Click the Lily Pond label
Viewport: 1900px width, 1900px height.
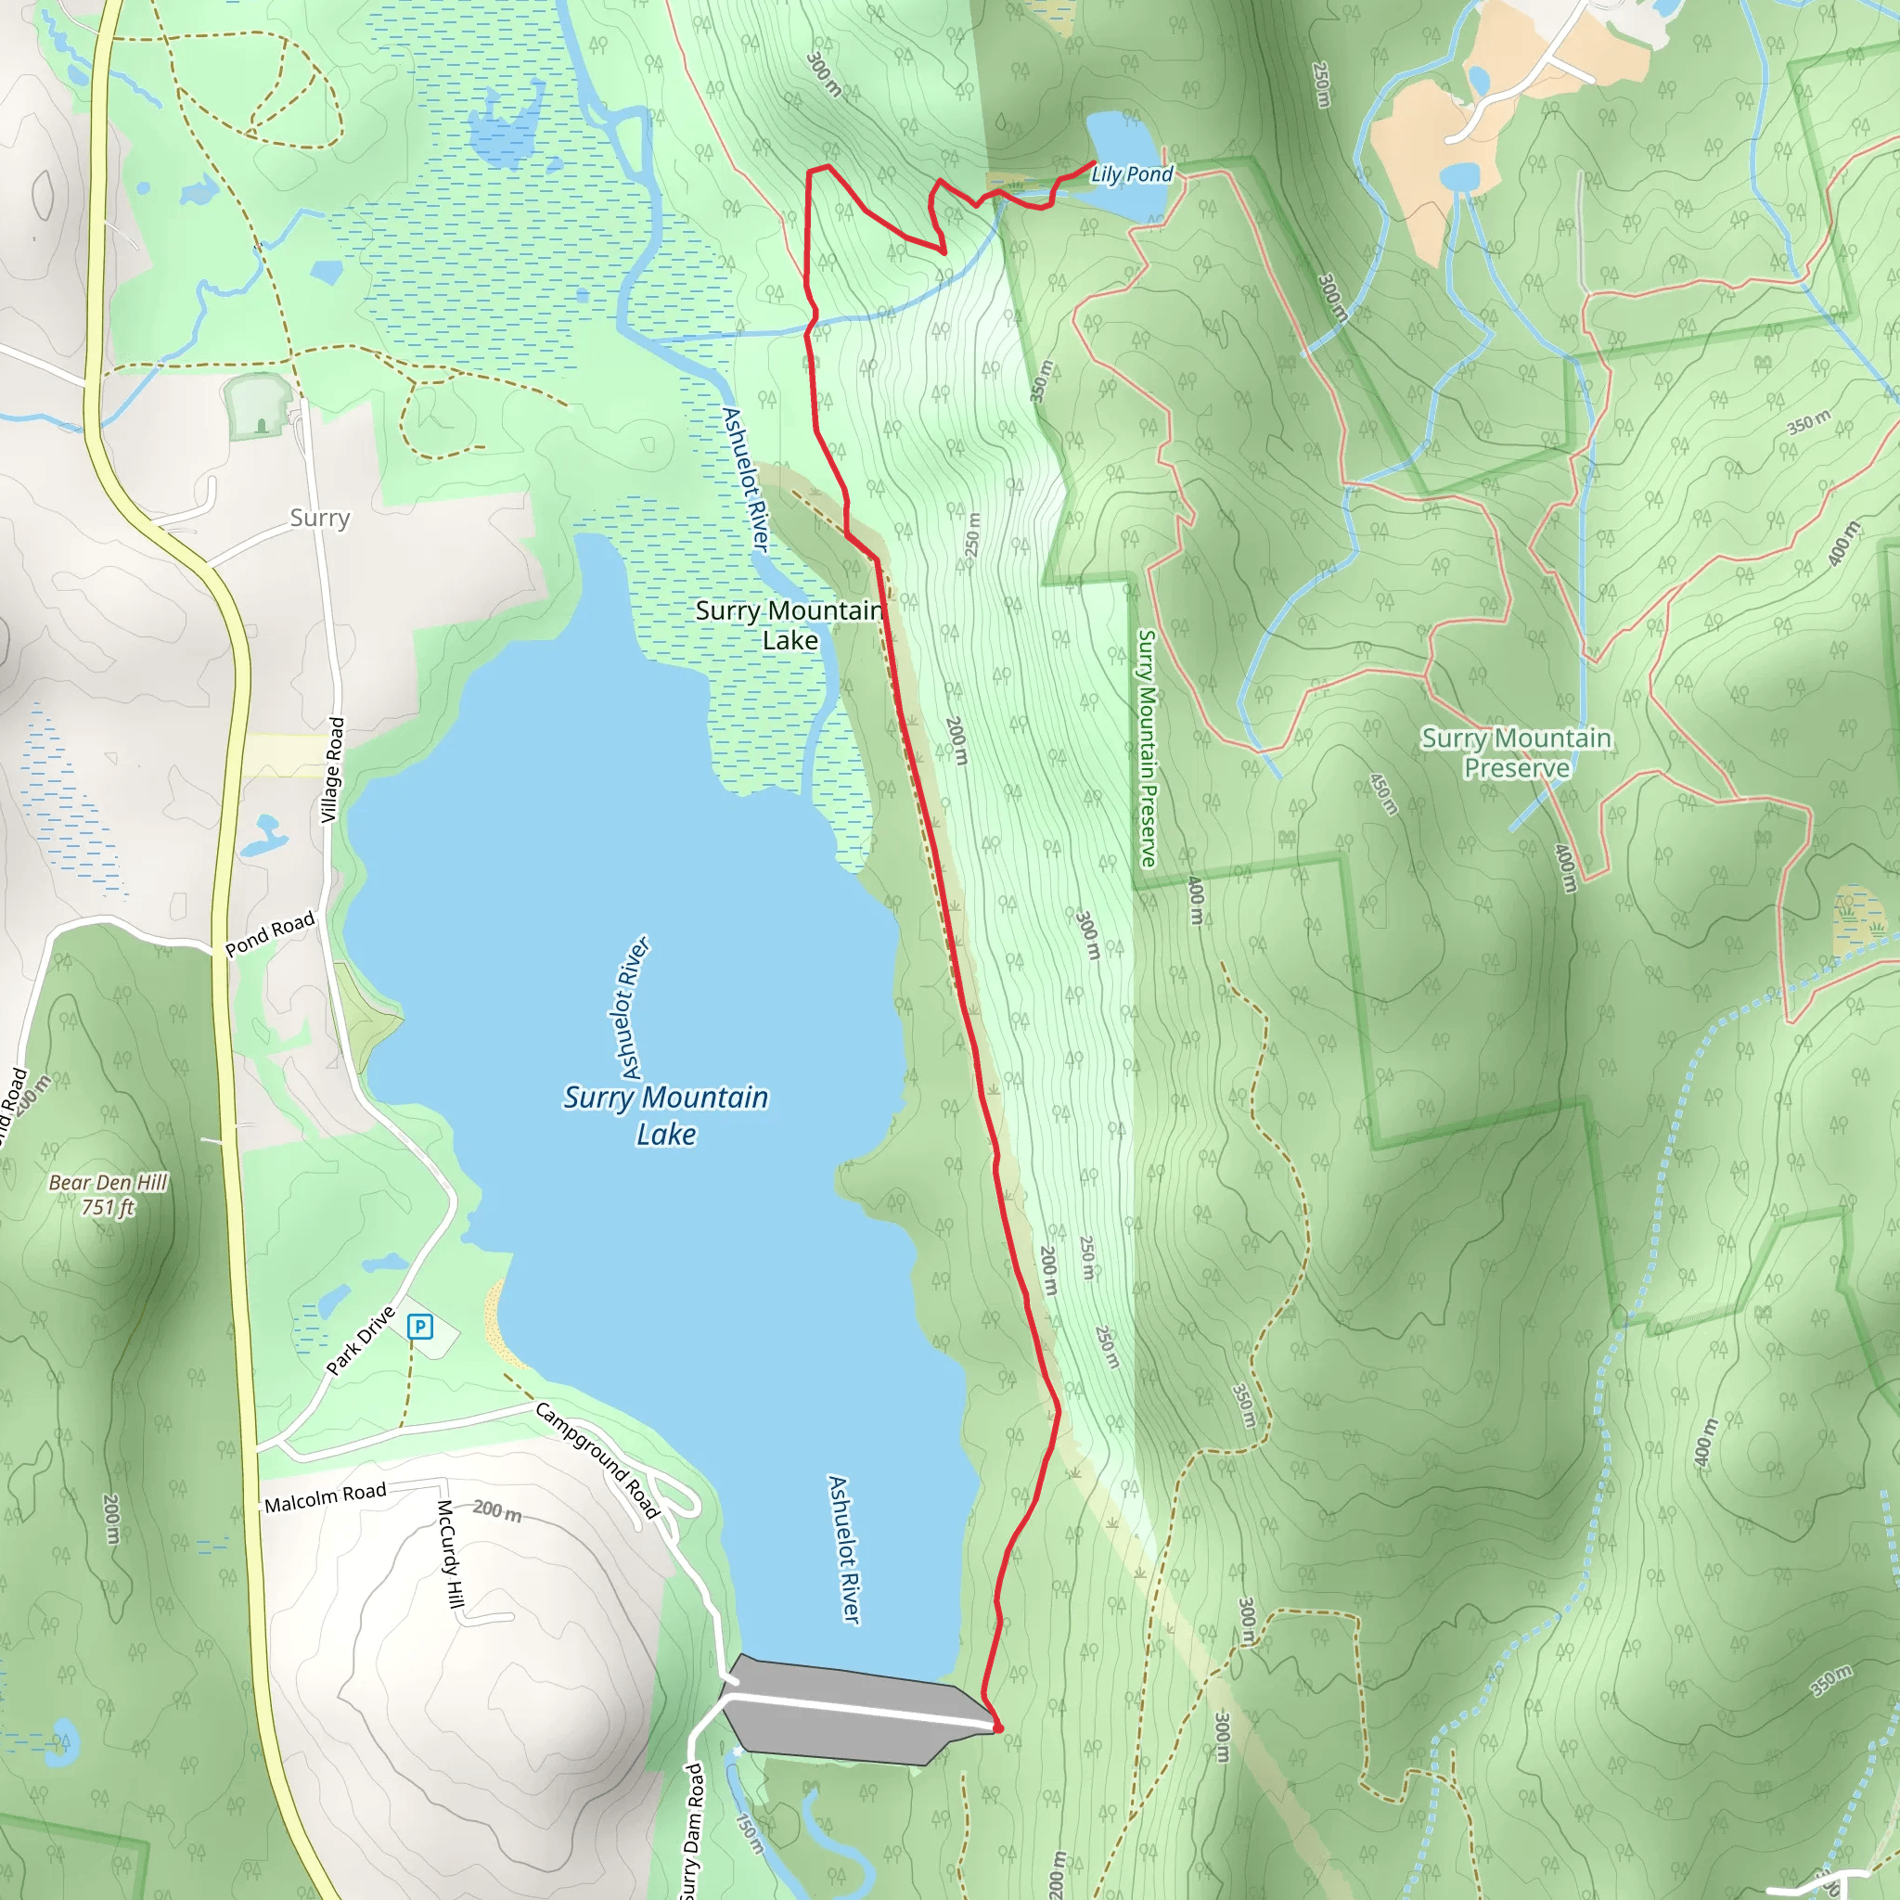1132,174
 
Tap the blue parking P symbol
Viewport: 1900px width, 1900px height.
420,1327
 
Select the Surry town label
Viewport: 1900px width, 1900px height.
320,518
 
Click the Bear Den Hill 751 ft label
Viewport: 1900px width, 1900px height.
109,1195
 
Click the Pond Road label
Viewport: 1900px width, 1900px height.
269,933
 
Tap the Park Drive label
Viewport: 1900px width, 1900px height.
361,1341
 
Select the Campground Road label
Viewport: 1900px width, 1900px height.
597,1460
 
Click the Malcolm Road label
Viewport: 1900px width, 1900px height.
326,1497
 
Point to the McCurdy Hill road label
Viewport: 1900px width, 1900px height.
449,1554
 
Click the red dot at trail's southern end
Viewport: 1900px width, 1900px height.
998,1727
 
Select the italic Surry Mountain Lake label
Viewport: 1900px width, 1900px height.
666,1115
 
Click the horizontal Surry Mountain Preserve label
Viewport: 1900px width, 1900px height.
1516,752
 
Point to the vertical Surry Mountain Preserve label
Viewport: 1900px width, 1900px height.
1147,748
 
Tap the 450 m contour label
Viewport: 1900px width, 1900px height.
1383,793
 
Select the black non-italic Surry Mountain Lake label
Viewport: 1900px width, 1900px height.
790,624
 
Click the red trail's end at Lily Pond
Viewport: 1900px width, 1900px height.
1095,162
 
